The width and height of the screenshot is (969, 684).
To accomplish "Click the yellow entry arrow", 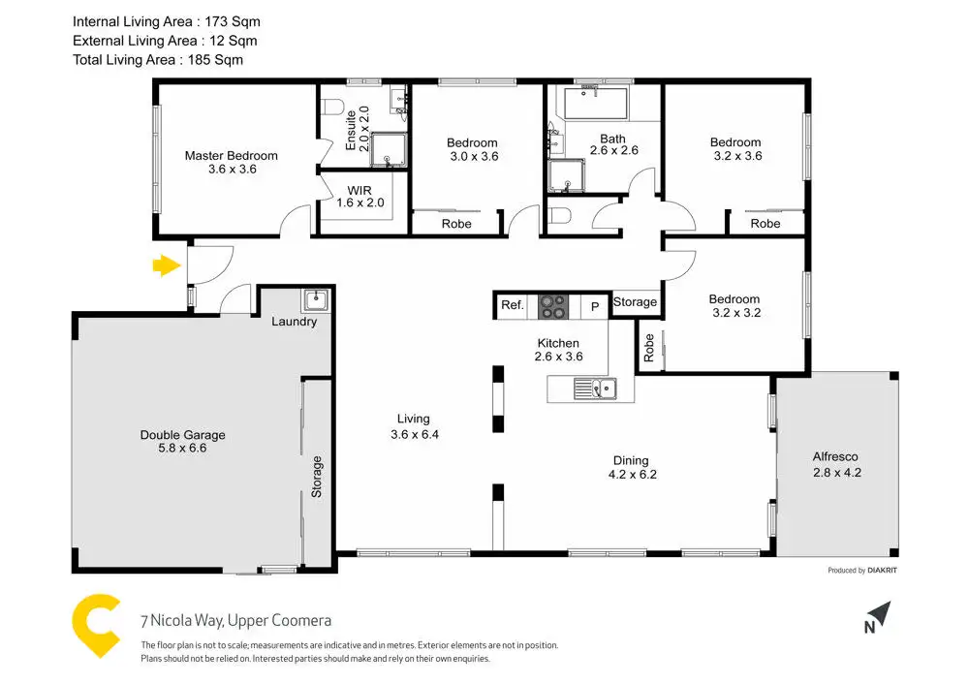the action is (167, 265).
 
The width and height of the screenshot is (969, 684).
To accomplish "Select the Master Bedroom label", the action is (232, 156).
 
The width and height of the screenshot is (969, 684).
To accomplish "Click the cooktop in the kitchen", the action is (553, 306).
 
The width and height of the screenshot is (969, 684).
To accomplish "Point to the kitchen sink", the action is (595, 389).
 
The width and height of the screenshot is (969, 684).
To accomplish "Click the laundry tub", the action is (316, 300).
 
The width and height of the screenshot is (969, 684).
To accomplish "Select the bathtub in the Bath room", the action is (596, 103).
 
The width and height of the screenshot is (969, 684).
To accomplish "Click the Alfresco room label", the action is (835, 456).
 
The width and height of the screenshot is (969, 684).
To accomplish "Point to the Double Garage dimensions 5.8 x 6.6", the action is (182, 448).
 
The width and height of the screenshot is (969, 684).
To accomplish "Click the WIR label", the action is (359, 190).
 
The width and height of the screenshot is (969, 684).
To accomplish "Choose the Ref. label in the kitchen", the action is (513, 304).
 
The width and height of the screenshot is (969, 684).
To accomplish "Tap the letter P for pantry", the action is (595, 306).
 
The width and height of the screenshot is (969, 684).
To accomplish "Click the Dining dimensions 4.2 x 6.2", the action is (632, 475).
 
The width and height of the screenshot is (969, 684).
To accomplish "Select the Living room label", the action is (414, 419).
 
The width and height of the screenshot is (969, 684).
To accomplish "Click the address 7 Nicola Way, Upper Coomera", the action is (236, 620).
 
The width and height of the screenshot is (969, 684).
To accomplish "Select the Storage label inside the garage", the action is (317, 477).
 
